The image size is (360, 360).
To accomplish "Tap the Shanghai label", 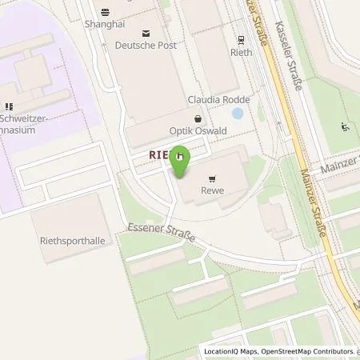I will pos(106,25).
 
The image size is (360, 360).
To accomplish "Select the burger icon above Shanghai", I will pos(106,12).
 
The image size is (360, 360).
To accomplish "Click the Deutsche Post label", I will pos(146,45).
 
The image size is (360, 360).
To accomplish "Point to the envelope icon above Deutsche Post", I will pos(146,33).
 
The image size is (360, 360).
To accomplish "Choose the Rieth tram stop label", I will pos(241,52).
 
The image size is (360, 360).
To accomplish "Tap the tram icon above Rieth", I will pos(241,39).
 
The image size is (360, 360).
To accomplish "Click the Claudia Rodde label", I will pos(218,100).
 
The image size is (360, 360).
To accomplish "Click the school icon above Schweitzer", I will pos(9,106).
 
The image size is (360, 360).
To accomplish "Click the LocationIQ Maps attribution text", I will pos(231,351).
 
